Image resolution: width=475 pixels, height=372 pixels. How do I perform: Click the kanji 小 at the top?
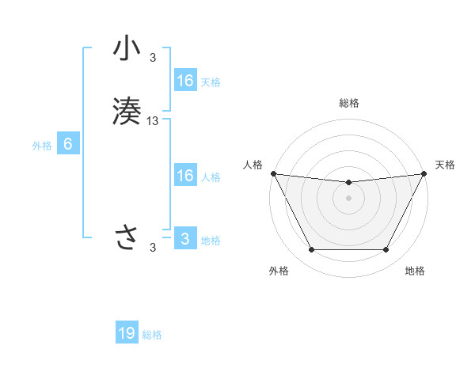(127, 50)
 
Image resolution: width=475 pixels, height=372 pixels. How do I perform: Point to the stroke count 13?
(153, 121)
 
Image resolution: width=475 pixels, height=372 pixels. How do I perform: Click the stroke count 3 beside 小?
(153, 57)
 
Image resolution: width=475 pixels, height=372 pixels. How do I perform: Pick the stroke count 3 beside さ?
(153, 248)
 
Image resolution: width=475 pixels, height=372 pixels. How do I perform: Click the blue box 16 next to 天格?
(184, 81)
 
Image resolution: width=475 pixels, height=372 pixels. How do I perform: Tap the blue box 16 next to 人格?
(184, 176)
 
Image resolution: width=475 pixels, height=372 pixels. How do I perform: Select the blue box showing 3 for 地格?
(184, 239)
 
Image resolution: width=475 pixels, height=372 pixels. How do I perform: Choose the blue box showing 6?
(68, 144)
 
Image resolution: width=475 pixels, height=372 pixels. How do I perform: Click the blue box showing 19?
(127, 333)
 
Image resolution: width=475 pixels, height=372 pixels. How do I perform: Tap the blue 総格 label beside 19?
(152, 335)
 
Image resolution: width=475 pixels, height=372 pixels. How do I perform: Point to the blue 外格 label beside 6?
(41, 146)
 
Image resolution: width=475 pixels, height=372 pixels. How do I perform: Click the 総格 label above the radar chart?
(348, 104)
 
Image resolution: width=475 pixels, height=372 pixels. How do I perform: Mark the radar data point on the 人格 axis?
(273, 173)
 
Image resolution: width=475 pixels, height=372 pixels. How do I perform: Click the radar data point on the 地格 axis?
(386, 250)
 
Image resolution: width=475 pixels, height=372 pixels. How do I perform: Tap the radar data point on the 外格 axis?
(311, 250)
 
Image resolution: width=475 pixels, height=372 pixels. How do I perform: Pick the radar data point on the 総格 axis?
(348, 183)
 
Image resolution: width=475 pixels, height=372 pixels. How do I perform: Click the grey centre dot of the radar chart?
(348, 198)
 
